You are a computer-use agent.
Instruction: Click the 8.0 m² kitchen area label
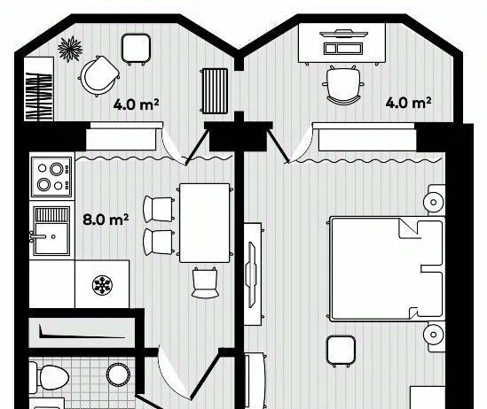pos(106,220)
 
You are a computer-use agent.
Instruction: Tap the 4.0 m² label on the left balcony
pos(136,104)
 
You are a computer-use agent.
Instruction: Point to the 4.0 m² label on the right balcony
pos(408,103)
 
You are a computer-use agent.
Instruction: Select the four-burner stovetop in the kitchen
pos(51,177)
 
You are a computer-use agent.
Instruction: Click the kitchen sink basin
pos(51,238)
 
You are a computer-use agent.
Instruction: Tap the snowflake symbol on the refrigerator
pos(102,285)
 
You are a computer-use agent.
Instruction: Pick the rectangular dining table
pos(205,223)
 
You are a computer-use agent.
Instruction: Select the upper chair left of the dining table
pos(159,209)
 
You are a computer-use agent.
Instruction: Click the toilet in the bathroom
pos(49,378)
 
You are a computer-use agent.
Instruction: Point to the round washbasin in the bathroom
pos(118,374)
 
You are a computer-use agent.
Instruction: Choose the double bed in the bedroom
pos(387,268)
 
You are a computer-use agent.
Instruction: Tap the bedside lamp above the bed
pos(434,202)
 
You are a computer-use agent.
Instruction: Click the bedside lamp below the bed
pos(434,335)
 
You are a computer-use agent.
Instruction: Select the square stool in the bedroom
pos(341,351)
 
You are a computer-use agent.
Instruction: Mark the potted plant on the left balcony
pos(70,49)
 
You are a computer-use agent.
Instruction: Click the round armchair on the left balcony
pos(98,76)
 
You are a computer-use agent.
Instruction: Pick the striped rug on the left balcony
pos(215,91)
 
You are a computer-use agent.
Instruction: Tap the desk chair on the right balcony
pos(343,85)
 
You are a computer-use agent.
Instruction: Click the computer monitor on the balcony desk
pos(343,33)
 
